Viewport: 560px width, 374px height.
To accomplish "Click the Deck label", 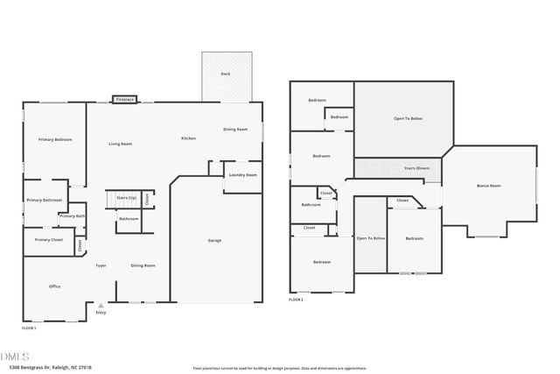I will [x=226, y=74].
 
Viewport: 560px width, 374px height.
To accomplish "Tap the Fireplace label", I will [x=125, y=100].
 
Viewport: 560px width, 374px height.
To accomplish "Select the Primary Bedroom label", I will [x=54, y=140].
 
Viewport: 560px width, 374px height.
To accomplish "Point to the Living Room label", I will [x=120, y=144].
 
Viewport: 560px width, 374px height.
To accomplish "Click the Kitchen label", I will [x=188, y=138].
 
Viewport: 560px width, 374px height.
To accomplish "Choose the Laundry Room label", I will [x=243, y=175].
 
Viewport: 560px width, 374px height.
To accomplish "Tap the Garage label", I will [x=214, y=240].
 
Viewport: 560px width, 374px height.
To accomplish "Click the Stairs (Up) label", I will [x=127, y=198].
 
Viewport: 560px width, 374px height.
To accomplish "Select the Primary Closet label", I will [x=49, y=240].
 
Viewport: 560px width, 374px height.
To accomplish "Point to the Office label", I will [x=54, y=286].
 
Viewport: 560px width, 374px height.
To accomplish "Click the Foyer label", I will [x=101, y=265].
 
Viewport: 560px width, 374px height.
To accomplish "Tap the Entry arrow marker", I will [x=101, y=305].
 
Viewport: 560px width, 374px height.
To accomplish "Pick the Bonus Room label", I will [x=488, y=186].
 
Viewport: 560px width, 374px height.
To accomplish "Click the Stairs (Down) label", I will [x=416, y=167].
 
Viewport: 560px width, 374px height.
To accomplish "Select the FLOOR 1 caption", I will [x=29, y=328].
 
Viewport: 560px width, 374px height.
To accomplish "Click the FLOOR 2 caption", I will [x=296, y=300].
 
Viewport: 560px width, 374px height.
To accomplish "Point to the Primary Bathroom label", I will [x=46, y=200].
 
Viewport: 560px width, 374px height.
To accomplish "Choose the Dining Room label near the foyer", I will [x=143, y=265].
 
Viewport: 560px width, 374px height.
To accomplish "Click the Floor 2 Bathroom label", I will [x=311, y=205].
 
